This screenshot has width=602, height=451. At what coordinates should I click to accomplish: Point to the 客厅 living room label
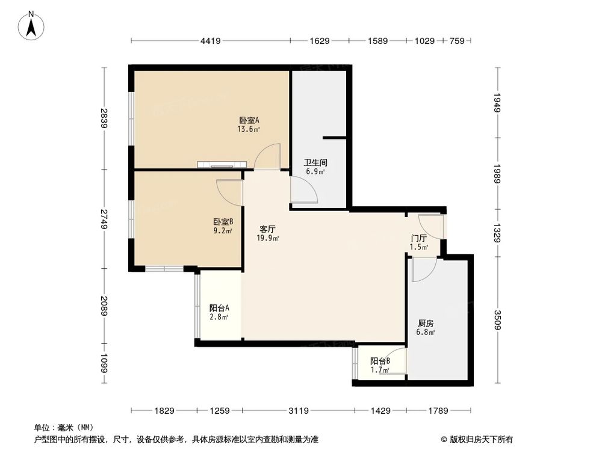(x=268, y=229)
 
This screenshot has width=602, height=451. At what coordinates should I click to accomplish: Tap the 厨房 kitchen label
(x=426, y=322)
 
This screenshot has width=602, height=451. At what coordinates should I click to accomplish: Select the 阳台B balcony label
(x=380, y=361)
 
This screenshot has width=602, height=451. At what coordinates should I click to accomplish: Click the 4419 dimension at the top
(x=211, y=41)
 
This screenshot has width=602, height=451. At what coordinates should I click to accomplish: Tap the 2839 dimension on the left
(x=105, y=118)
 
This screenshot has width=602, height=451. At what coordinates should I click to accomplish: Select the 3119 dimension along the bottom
(x=299, y=411)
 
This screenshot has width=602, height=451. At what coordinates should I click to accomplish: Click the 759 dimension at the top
(x=457, y=41)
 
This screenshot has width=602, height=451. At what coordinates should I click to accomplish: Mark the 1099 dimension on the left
(x=105, y=363)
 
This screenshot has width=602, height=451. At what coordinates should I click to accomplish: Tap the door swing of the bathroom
(x=304, y=191)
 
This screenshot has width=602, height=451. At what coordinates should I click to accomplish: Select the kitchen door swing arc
(x=423, y=269)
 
